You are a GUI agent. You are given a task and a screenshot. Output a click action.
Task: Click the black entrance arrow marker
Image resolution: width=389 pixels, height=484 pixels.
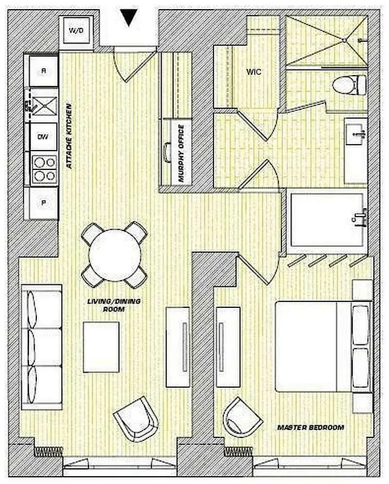pos(128,18)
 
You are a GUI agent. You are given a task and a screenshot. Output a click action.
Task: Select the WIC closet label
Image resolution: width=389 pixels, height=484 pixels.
pos(253,71)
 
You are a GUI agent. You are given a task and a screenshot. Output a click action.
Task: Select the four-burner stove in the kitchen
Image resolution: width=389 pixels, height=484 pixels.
pos(43,170)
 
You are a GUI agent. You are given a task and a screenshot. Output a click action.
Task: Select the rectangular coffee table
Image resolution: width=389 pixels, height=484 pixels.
pos(101,347)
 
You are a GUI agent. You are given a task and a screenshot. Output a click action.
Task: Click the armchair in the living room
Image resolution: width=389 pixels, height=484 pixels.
pos(137,419)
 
